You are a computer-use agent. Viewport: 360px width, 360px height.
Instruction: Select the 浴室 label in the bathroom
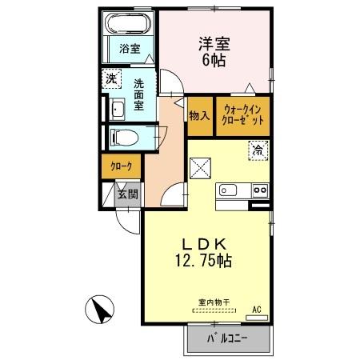[130, 49]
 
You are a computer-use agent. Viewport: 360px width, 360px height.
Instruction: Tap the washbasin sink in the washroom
[117, 110]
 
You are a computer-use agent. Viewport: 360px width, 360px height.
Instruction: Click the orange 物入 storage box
[198, 115]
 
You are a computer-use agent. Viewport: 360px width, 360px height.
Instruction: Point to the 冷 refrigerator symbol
[258, 149]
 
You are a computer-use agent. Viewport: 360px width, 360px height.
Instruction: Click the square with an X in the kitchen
[199, 168]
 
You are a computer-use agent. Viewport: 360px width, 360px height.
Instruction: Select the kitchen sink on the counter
[230, 190]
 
